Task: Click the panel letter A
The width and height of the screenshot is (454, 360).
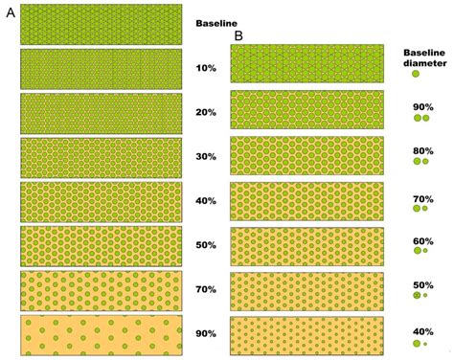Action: [x=11, y=12]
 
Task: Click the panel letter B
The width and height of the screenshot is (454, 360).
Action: [x=238, y=36]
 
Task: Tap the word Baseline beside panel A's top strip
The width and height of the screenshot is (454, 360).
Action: [x=216, y=23]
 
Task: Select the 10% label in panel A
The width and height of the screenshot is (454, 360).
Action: [x=206, y=68]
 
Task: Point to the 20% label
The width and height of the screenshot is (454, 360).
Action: [x=206, y=112]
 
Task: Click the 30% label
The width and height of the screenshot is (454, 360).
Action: [x=206, y=157]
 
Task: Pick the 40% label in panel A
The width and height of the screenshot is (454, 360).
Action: [x=206, y=201]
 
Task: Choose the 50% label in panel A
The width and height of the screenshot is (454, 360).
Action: [x=206, y=245]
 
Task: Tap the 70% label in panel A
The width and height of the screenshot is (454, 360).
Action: [x=206, y=289]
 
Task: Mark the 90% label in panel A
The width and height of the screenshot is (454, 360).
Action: [x=206, y=334]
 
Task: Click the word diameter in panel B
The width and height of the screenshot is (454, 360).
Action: [x=425, y=63]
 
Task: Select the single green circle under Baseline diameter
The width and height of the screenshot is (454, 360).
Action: [x=416, y=74]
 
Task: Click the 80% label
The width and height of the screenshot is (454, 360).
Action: [x=423, y=150]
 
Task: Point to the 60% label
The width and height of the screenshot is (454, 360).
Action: [x=423, y=241]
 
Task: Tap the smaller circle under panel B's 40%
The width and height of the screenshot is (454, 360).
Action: [x=425, y=344]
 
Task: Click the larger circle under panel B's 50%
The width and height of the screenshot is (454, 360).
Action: [x=417, y=295]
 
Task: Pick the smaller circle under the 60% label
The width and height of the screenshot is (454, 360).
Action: [x=425, y=251]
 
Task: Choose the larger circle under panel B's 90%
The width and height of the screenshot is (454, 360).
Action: [x=418, y=118]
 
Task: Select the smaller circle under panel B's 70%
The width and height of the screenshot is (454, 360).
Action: [x=425, y=208]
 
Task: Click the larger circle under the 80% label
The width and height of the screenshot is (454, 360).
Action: [x=417, y=161]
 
